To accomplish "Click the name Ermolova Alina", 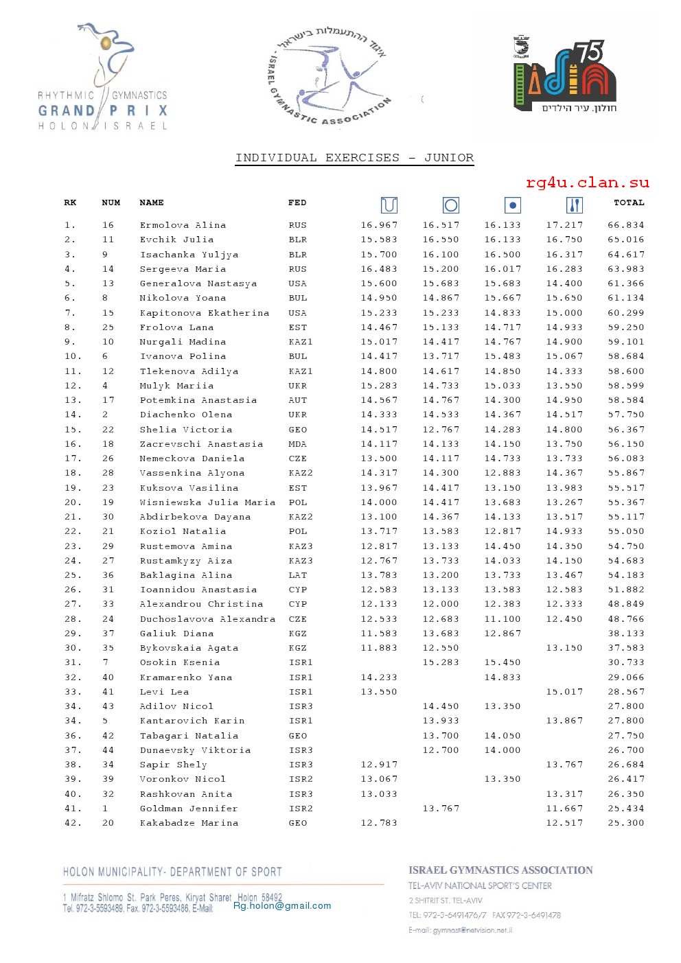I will [183, 225].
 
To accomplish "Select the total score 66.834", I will [625, 225].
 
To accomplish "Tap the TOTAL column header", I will [629, 202].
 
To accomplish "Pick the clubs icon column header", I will [575, 205].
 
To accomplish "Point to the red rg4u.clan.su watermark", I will [587, 183].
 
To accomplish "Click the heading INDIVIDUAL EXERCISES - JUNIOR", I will [354, 158].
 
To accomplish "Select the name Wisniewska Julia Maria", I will [207, 502].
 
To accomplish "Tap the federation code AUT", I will [298, 400].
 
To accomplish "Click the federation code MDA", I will [298, 444].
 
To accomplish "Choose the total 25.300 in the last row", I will [625, 823].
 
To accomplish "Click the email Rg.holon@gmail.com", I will [282, 905].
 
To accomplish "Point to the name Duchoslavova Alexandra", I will [207, 619].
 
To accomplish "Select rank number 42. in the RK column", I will [73, 823].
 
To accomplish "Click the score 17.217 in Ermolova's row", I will [564, 225].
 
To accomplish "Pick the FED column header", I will [297, 202].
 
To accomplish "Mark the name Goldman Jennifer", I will [189, 809].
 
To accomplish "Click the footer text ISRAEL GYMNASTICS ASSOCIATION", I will [500, 870].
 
